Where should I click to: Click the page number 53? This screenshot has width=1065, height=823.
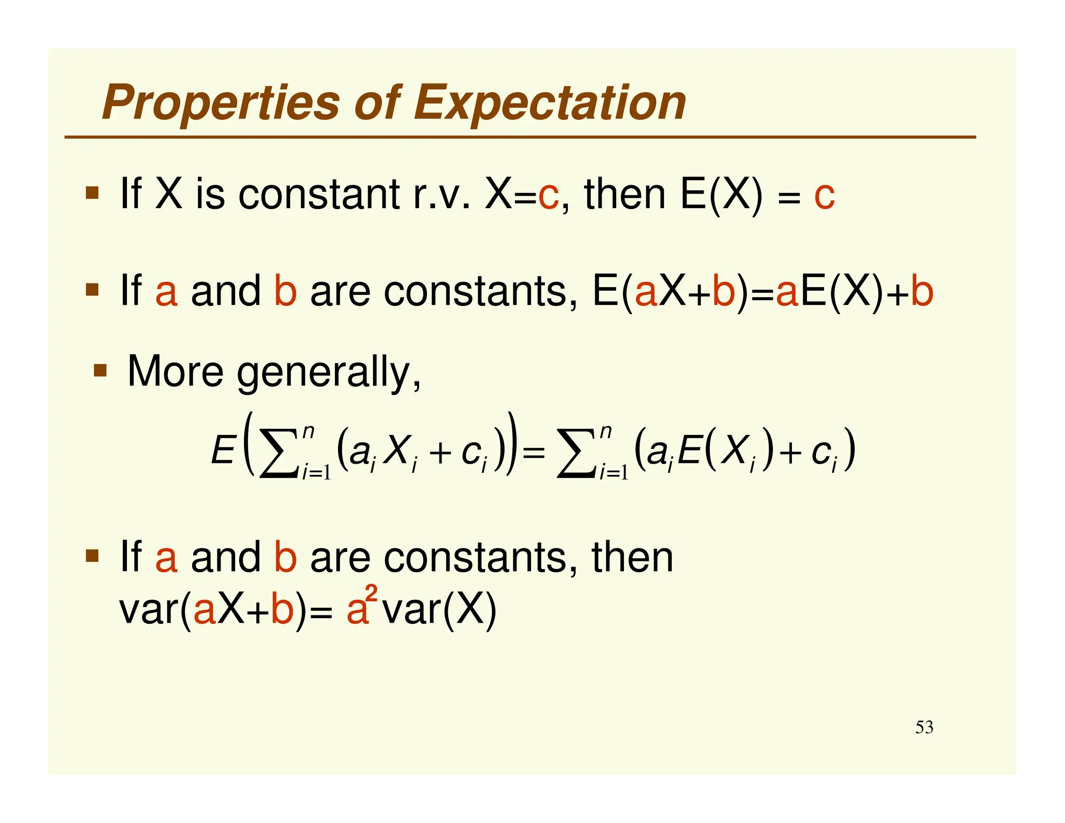(924, 727)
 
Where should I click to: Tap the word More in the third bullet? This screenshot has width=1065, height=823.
(175, 371)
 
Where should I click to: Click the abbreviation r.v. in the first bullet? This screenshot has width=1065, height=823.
(441, 195)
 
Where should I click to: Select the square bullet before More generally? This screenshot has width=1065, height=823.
(100, 371)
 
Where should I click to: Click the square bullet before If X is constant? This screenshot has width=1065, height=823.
(92, 193)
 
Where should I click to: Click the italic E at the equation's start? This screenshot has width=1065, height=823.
(223, 450)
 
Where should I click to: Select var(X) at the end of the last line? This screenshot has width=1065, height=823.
(439, 609)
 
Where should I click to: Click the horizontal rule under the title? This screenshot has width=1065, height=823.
(520, 137)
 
